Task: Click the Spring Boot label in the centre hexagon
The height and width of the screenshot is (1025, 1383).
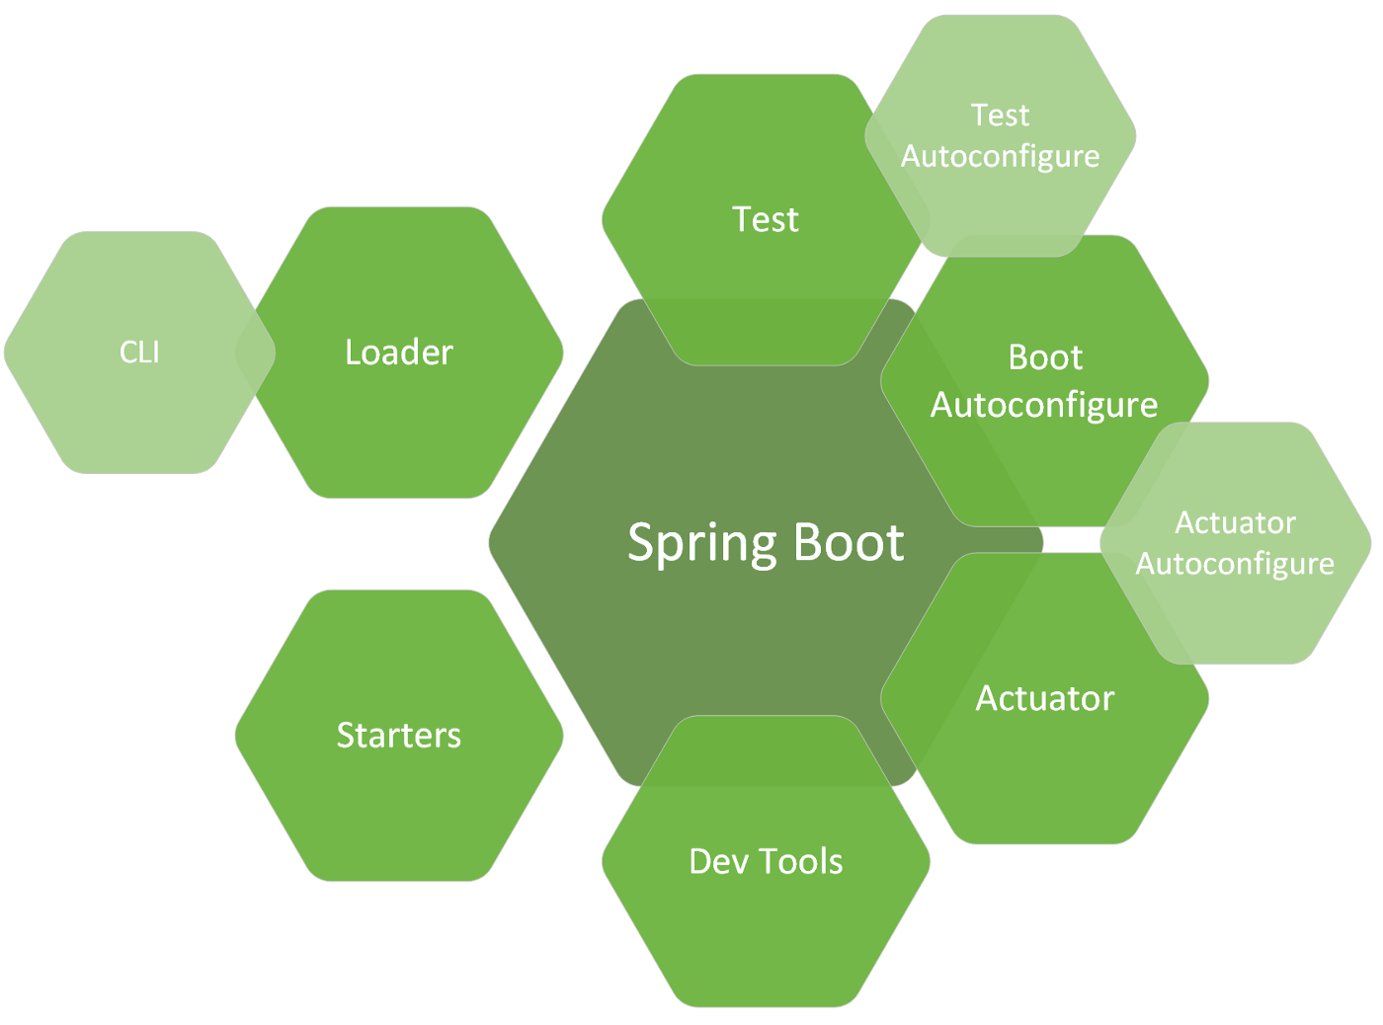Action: [x=766, y=543]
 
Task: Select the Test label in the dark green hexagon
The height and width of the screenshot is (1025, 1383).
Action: [x=766, y=219]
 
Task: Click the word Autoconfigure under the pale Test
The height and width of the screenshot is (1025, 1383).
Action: [x=1001, y=157]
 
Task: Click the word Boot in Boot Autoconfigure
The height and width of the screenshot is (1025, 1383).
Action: [x=1045, y=357]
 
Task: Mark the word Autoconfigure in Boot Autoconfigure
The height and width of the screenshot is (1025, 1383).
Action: [x=1044, y=406]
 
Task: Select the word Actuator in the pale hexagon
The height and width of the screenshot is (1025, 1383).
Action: [x=1235, y=522]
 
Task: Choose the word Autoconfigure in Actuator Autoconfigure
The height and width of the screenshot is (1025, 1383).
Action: [x=1235, y=564]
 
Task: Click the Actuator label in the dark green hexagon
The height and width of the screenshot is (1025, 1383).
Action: [x=1045, y=698]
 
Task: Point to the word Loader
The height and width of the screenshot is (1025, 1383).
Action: [x=399, y=353]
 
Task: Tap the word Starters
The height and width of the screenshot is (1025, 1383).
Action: [x=399, y=736]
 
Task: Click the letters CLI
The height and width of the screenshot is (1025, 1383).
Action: [x=139, y=353]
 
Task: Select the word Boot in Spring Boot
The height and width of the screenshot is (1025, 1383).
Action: [x=849, y=543]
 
